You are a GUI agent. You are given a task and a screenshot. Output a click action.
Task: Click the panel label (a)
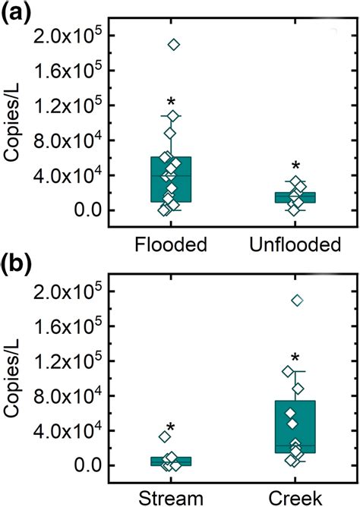pyautogui.click(x=16, y=13)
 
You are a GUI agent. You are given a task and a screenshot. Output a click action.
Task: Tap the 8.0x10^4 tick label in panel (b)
pyautogui.click(x=77, y=395)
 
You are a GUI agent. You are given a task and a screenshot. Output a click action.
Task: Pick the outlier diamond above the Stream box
pyautogui.click(x=164, y=436)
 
